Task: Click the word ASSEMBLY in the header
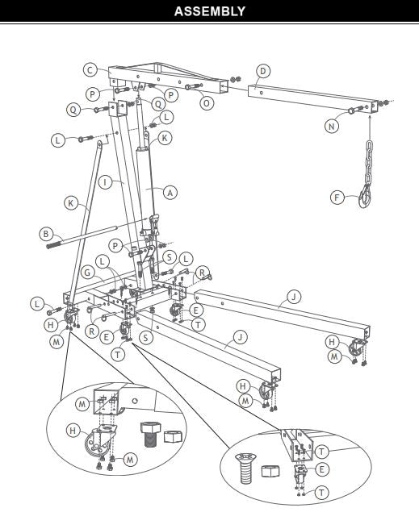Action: (x=209, y=11)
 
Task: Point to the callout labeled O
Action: (x=208, y=104)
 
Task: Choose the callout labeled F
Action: (x=337, y=196)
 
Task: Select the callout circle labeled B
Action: (x=46, y=235)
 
